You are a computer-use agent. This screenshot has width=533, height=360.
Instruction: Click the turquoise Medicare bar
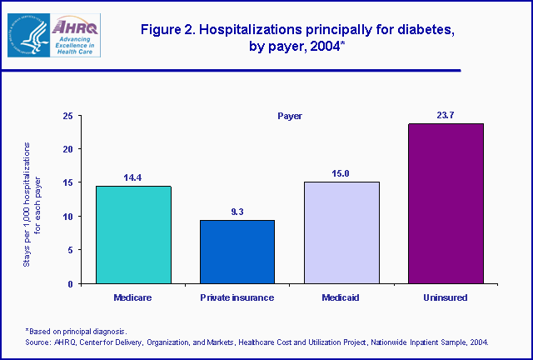133,234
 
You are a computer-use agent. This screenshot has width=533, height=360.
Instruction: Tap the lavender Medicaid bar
341,232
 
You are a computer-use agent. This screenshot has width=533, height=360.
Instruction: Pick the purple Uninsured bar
446,203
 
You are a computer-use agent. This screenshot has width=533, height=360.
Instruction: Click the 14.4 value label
133,177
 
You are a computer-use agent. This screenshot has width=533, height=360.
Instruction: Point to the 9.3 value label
237,212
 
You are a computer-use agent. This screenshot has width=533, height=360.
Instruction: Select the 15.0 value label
341,173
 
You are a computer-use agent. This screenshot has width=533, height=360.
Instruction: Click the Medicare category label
133,297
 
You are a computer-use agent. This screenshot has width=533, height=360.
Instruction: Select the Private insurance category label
237,297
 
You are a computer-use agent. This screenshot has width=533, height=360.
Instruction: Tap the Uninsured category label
446,297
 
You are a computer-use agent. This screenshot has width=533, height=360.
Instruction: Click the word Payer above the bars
289,116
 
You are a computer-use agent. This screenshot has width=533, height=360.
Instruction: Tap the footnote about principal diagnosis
81,332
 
